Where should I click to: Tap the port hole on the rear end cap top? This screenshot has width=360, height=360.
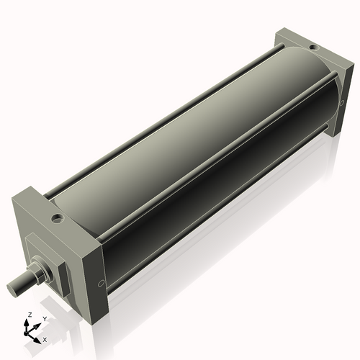(x=312, y=48)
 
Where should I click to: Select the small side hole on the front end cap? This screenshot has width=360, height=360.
(x=100, y=282)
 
